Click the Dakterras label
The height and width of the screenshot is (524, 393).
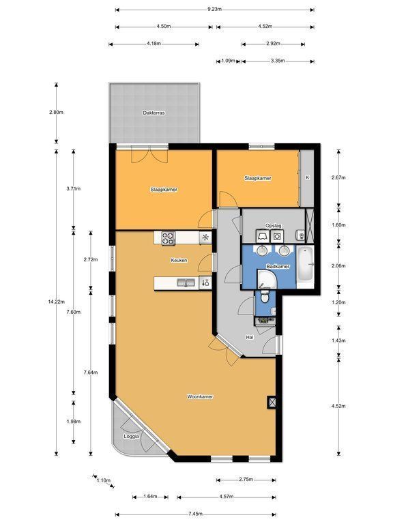pos(154,113)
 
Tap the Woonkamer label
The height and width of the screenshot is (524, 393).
pos(200,396)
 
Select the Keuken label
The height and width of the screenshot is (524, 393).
pos(179,261)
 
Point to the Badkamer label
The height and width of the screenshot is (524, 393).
pos(278,267)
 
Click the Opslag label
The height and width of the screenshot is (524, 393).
pos(273,226)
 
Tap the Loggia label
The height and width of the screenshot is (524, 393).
pos(131,437)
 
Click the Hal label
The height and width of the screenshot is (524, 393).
pos(249,338)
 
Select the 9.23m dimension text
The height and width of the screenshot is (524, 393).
pos(214,10)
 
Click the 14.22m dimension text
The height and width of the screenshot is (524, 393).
pos(56,302)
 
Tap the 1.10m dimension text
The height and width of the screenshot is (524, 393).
pos(104,480)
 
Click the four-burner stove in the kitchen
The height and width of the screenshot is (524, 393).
pos(169,239)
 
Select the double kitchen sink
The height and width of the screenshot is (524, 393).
pos(186,283)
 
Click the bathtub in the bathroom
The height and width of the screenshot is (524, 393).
pos(306,264)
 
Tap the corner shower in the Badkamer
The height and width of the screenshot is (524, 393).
pos(267,279)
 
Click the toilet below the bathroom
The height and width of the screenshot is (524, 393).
pos(265,296)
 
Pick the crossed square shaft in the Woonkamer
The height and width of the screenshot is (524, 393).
pos(272,402)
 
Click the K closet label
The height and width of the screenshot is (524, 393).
pos(308,178)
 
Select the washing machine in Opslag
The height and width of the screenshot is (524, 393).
pos(277,237)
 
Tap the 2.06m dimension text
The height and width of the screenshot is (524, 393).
pos(338,266)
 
